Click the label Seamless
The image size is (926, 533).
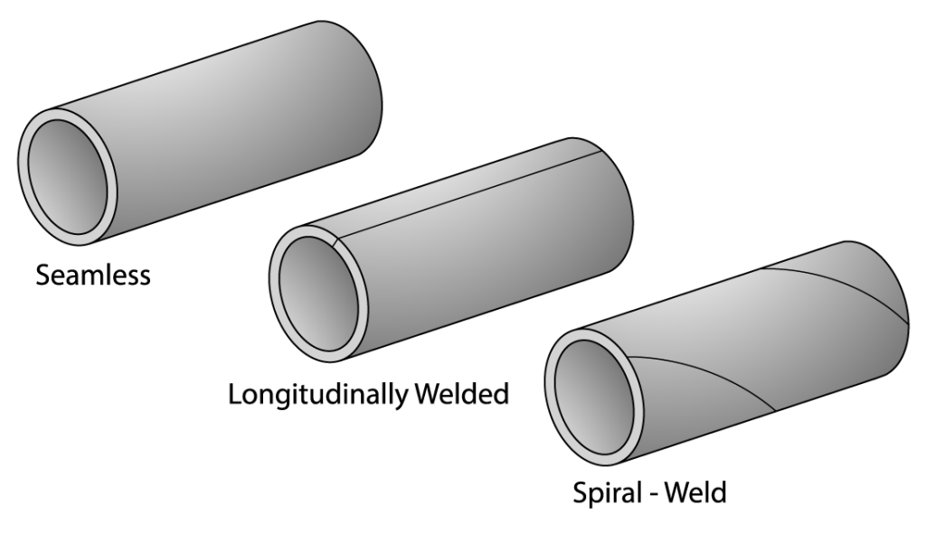tap(93, 275)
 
